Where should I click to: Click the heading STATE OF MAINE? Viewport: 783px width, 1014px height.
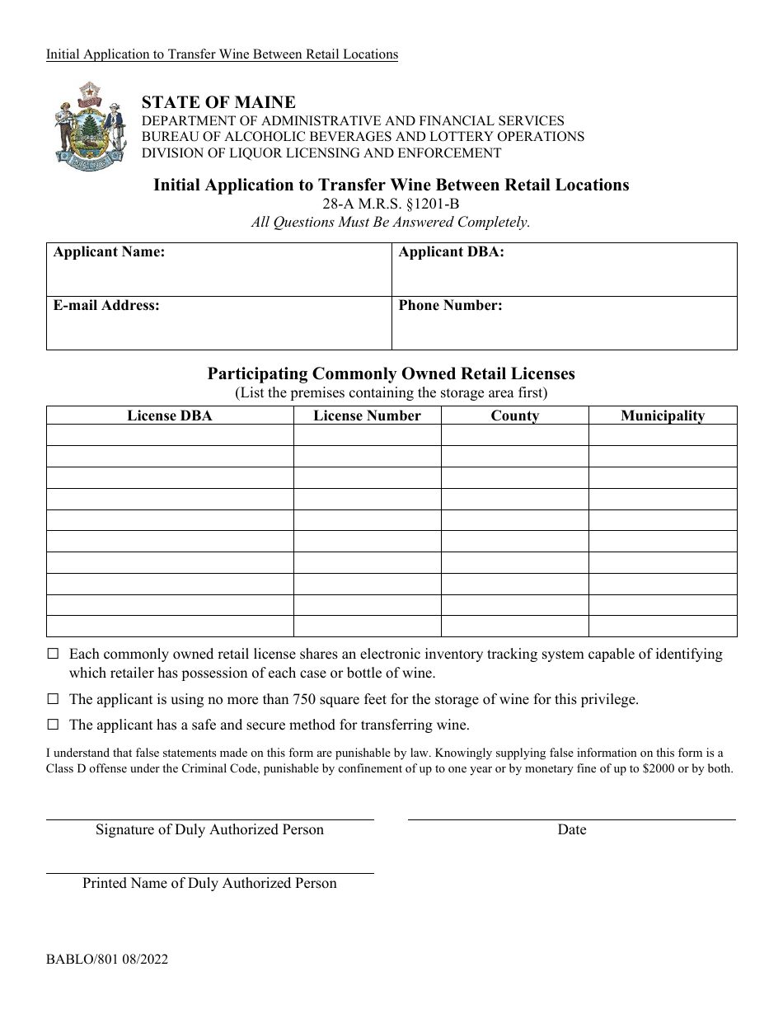[x=218, y=102]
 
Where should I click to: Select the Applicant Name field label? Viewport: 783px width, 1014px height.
[x=109, y=252]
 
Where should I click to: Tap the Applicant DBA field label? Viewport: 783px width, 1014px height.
[x=451, y=252]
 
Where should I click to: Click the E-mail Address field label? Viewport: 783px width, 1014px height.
[x=106, y=305]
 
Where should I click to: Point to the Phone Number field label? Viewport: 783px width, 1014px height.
[x=450, y=305]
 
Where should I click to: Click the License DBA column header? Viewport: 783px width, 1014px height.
[x=170, y=415]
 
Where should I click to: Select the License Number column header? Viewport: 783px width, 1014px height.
[x=367, y=415]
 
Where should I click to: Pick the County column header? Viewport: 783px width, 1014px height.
[x=514, y=415]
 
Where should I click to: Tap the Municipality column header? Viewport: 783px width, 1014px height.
[x=663, y=415]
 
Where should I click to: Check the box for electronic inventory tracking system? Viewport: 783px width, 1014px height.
[x=54, y=655]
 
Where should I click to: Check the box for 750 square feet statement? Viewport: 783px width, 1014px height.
[x=54, y=700]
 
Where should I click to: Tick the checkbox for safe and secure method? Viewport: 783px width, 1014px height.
[x=54, y=725]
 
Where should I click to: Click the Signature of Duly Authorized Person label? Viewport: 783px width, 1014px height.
[x=209, y=829]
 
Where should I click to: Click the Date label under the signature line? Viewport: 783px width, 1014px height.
[x=571, y=829]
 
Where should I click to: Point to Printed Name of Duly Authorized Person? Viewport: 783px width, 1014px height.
[x=209, y=883]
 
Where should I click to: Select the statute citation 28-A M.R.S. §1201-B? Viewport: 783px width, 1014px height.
[x=391, y=204]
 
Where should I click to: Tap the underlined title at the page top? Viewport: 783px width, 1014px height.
[x=222, y=54]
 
